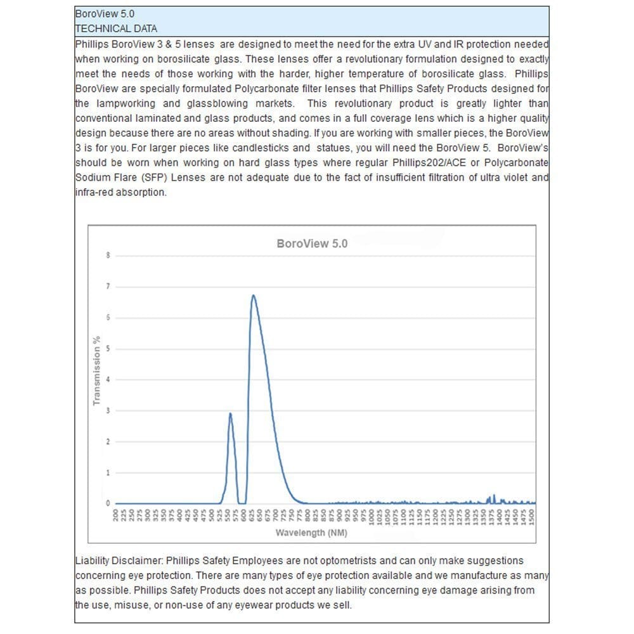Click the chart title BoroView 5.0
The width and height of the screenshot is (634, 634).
click(x=312, y=243)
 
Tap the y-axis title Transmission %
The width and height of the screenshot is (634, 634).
click(x=97, y=371)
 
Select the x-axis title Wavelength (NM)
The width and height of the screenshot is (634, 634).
click(x=311, y=533)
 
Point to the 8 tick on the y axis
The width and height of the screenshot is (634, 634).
click(x=108, y=256)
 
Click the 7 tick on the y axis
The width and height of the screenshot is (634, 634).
click(x=108, y=287)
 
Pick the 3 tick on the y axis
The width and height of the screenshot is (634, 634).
click(x=108, y=411)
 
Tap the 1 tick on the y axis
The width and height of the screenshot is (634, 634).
click(x=108, y=473)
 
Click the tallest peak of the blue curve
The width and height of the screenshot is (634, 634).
click(x=253, y=295)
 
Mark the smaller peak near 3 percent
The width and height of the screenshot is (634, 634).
click(x=230, y=413)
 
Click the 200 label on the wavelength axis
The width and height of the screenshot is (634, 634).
click(x=116, y=515)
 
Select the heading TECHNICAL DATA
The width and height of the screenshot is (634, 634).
click(x=116, y=29)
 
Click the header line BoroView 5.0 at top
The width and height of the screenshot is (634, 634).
click(x=105, y=13)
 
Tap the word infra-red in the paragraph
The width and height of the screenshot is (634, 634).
click(x=95, y=192)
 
